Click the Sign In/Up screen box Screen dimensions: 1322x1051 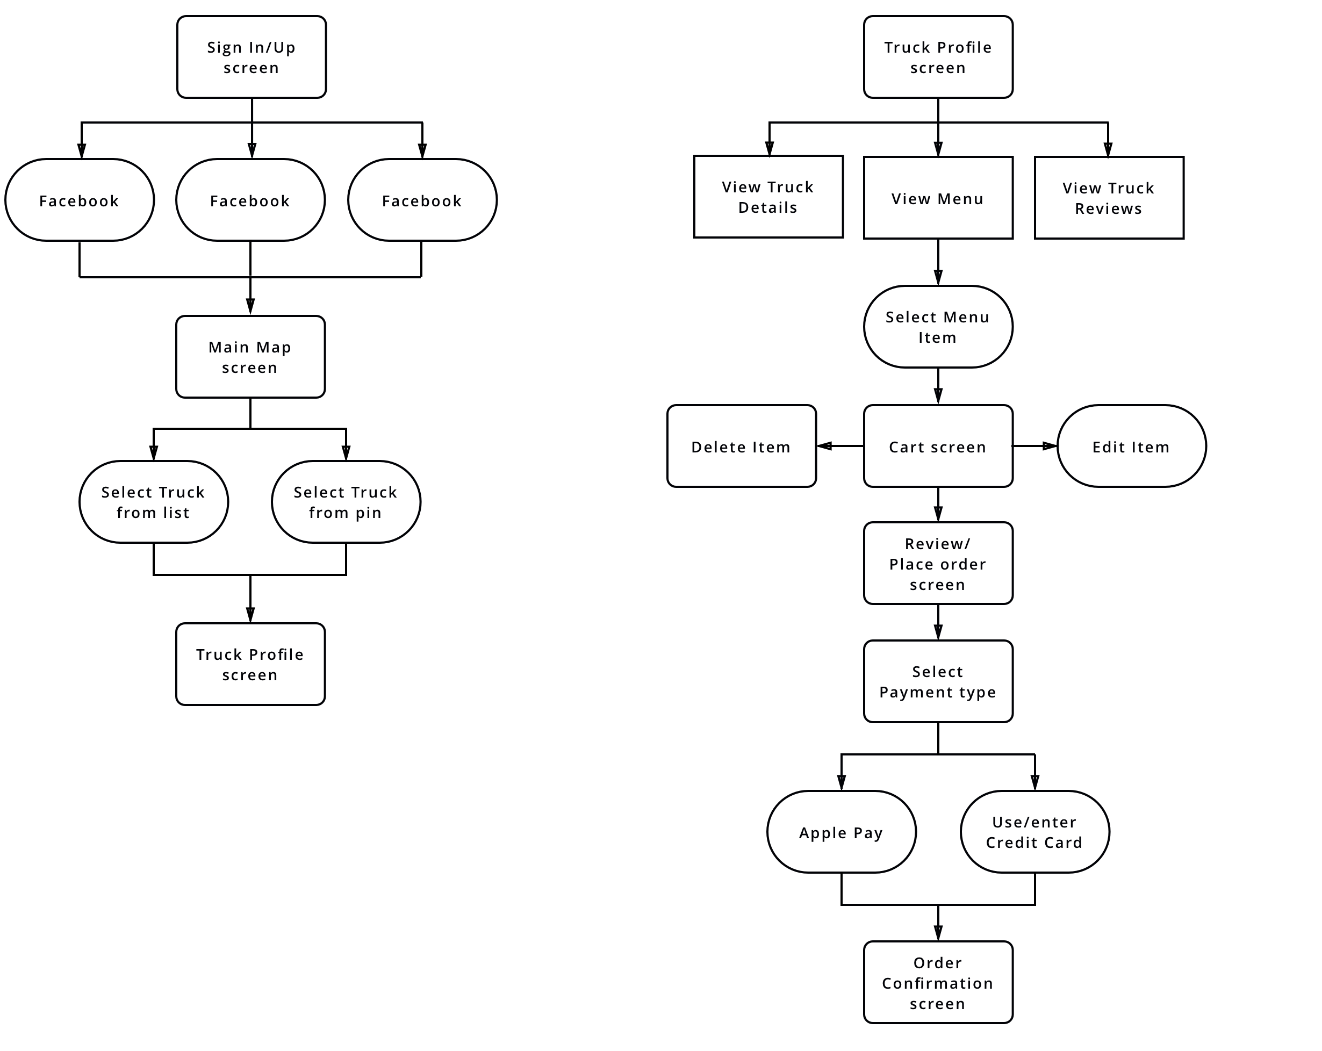point(252,57)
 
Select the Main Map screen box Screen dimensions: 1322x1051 point(250,357)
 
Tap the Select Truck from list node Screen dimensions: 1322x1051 point(154,501)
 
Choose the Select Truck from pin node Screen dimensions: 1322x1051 point(347,501)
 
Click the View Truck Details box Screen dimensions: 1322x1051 point(768,196)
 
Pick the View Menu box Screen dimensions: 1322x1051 point(938,197)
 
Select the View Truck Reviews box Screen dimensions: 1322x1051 point(1109,197)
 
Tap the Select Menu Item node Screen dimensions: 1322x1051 point(938,327)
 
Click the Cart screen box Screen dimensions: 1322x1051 point(938,446)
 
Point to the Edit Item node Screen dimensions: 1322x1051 point(1132,446)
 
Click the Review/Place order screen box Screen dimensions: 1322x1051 point(938,564)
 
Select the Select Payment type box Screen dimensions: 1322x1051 point(938,681)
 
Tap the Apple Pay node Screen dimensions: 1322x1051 point(841,831)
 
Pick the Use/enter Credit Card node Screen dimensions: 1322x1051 point(1035,831)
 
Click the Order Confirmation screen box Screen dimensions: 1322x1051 point(938,982)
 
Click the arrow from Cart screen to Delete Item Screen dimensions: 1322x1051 point(840,446)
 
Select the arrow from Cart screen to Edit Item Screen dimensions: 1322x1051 point(1035,446)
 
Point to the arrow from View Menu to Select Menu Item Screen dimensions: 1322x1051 point(938,262)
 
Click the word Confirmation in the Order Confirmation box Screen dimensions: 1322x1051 point(938,983)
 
